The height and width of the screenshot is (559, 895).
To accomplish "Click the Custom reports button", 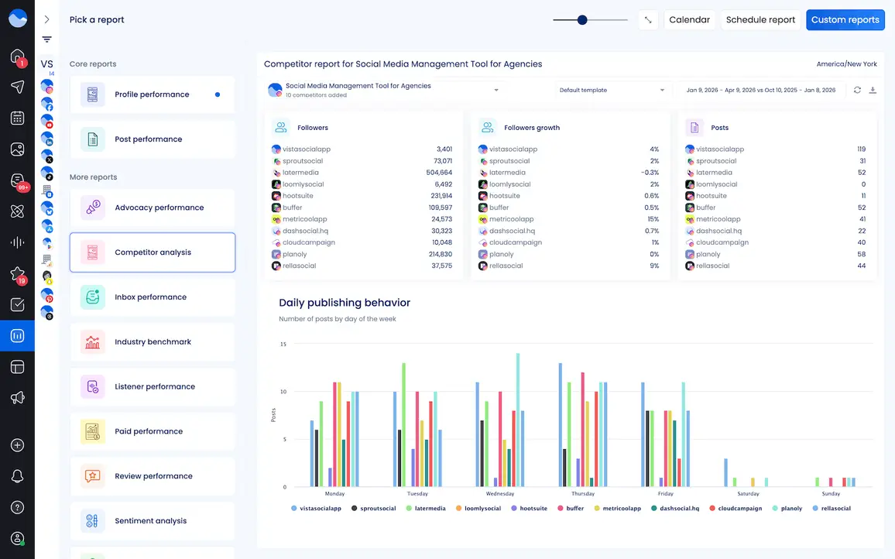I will tap(845, 20).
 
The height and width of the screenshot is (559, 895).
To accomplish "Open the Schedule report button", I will tap(760, 20).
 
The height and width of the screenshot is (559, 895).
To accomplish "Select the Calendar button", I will tap(689, 20).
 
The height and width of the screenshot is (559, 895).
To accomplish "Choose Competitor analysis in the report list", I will tap(153, 252).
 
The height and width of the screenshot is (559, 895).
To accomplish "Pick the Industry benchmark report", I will tap(153, 342).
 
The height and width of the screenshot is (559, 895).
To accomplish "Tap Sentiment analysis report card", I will tap(150, 521).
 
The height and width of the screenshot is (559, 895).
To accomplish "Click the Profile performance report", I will tap(152, 94).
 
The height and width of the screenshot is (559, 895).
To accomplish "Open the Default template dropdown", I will tap(611, 91).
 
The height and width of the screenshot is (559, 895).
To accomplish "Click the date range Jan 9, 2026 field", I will tap(760, 91).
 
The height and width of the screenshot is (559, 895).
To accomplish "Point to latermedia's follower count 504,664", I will tap(439, 173).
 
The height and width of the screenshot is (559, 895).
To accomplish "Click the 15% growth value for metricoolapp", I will tap(654, 219).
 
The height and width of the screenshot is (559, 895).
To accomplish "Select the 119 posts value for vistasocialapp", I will tap(861, 149).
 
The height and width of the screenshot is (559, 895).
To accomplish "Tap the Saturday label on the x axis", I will tap(748, 494).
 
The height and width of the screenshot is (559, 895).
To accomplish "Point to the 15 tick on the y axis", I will tap(283, 344).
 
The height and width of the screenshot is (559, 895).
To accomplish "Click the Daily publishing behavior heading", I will tap(345, 303).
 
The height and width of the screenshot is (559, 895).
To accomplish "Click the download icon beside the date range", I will tap(873, 91).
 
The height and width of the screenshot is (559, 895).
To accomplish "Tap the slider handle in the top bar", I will tap(582, 20).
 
